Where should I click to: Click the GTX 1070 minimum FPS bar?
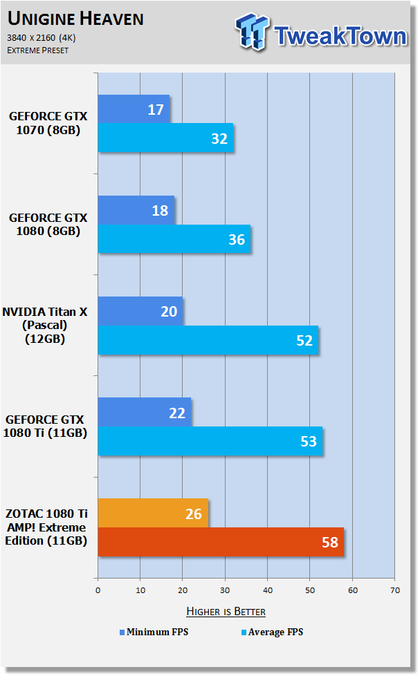pyautogui.click(x=134, y=109)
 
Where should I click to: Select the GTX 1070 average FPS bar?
pyautogui.click(x=166, y=138)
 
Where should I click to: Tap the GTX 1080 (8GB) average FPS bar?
pyautogui.click(x=174, y=239)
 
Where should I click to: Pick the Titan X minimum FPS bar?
pyautogui.click(x=140, y=311)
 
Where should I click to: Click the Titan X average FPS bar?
pyautogui.click(x=208, y=340)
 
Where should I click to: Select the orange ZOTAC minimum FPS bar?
pyautogui.click(x=153, y=513)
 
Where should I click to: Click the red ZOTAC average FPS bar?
pyautogui.click(x=221, y=542)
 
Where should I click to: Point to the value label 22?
pyautogui.click(x=177, y=413)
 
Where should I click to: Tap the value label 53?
pyautogui.click(x=309, y=442)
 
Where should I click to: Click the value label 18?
pyautogui.click(x=160, y=211)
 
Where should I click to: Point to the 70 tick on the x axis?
pyautogui.click(x=395, y=590)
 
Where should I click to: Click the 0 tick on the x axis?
pyautogui.click(x=98, y=590)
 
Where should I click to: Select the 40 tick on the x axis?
pyautogui.click(x=268, y=590)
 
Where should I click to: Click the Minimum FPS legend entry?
pyautogui.click(x=154, y=632)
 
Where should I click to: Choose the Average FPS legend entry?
pyautogui.click(x=273, y=632)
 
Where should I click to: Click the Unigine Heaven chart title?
pyautogui.click(x=75, y=19)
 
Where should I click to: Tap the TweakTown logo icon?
pyautogui.click(x=252, y=32)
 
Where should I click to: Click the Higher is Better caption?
pyautogui.click(x=226, y=611)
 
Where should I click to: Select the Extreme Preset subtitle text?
pyautogui.click(x=37, y=50)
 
